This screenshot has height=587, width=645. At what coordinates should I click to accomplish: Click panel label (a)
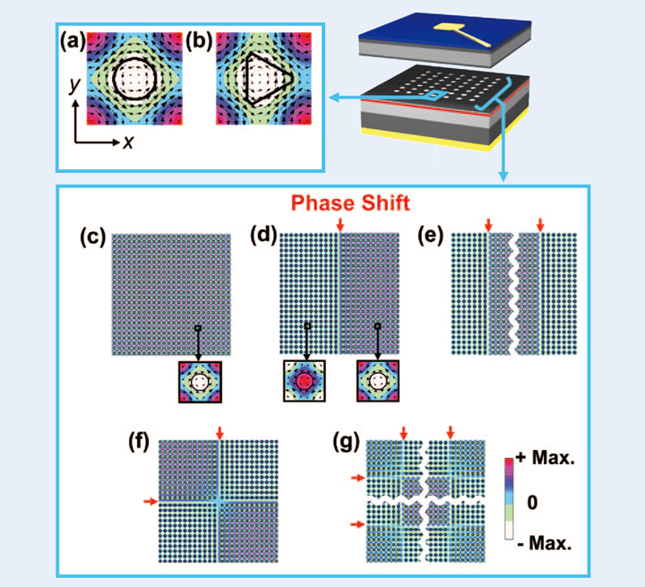pos(73,39)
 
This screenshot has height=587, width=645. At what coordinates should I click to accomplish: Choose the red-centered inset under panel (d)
pos(305,382)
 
